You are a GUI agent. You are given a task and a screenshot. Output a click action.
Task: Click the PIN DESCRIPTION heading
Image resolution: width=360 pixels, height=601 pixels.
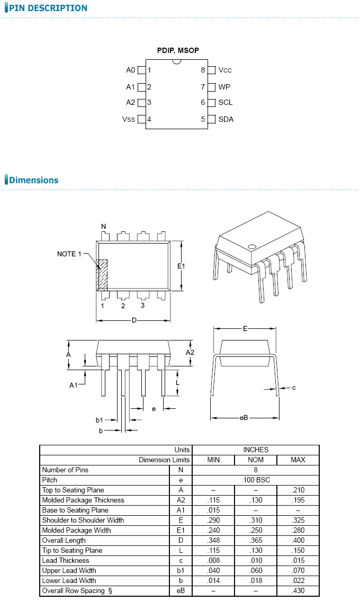[48, 8]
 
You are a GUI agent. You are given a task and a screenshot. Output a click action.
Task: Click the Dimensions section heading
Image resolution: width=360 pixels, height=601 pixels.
[33, 180]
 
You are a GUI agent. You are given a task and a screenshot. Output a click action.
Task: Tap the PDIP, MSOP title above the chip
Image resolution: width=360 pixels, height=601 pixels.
[178, 50]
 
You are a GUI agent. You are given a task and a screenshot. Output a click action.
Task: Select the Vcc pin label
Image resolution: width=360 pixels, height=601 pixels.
[225, 70]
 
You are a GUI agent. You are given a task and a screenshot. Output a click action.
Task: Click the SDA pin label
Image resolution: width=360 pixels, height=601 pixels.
[226, 119]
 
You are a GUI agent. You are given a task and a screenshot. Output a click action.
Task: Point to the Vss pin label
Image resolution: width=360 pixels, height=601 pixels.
[129, 119]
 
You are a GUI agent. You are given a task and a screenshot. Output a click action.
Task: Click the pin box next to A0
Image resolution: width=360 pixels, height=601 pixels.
[141, 70]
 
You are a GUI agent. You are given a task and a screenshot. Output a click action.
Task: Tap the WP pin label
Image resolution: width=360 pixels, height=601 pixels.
[224, 87]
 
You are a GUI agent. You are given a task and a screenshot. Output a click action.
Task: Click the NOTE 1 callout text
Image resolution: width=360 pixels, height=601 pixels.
[69, 254]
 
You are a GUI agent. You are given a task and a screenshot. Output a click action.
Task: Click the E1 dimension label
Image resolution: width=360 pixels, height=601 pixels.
[181, 266]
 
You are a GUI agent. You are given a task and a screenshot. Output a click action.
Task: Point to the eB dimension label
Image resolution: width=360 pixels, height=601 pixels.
[244, 418]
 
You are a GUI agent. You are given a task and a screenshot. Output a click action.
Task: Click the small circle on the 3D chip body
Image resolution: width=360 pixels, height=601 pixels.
[252, 246]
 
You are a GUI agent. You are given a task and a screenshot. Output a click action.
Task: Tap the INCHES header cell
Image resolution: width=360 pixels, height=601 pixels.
[256, 450]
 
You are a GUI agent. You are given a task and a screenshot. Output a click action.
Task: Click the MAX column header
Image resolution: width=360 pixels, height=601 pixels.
[298, 460]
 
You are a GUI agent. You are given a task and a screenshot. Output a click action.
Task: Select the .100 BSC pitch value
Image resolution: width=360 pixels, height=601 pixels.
[256, 480]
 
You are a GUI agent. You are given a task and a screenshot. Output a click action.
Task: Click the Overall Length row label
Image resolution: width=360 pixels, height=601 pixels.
[64, 540]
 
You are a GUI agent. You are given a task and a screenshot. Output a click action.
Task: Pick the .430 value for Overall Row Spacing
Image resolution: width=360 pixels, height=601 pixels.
[298, 590]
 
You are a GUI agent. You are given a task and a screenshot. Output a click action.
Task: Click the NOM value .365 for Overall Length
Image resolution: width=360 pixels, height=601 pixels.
[256, 540]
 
